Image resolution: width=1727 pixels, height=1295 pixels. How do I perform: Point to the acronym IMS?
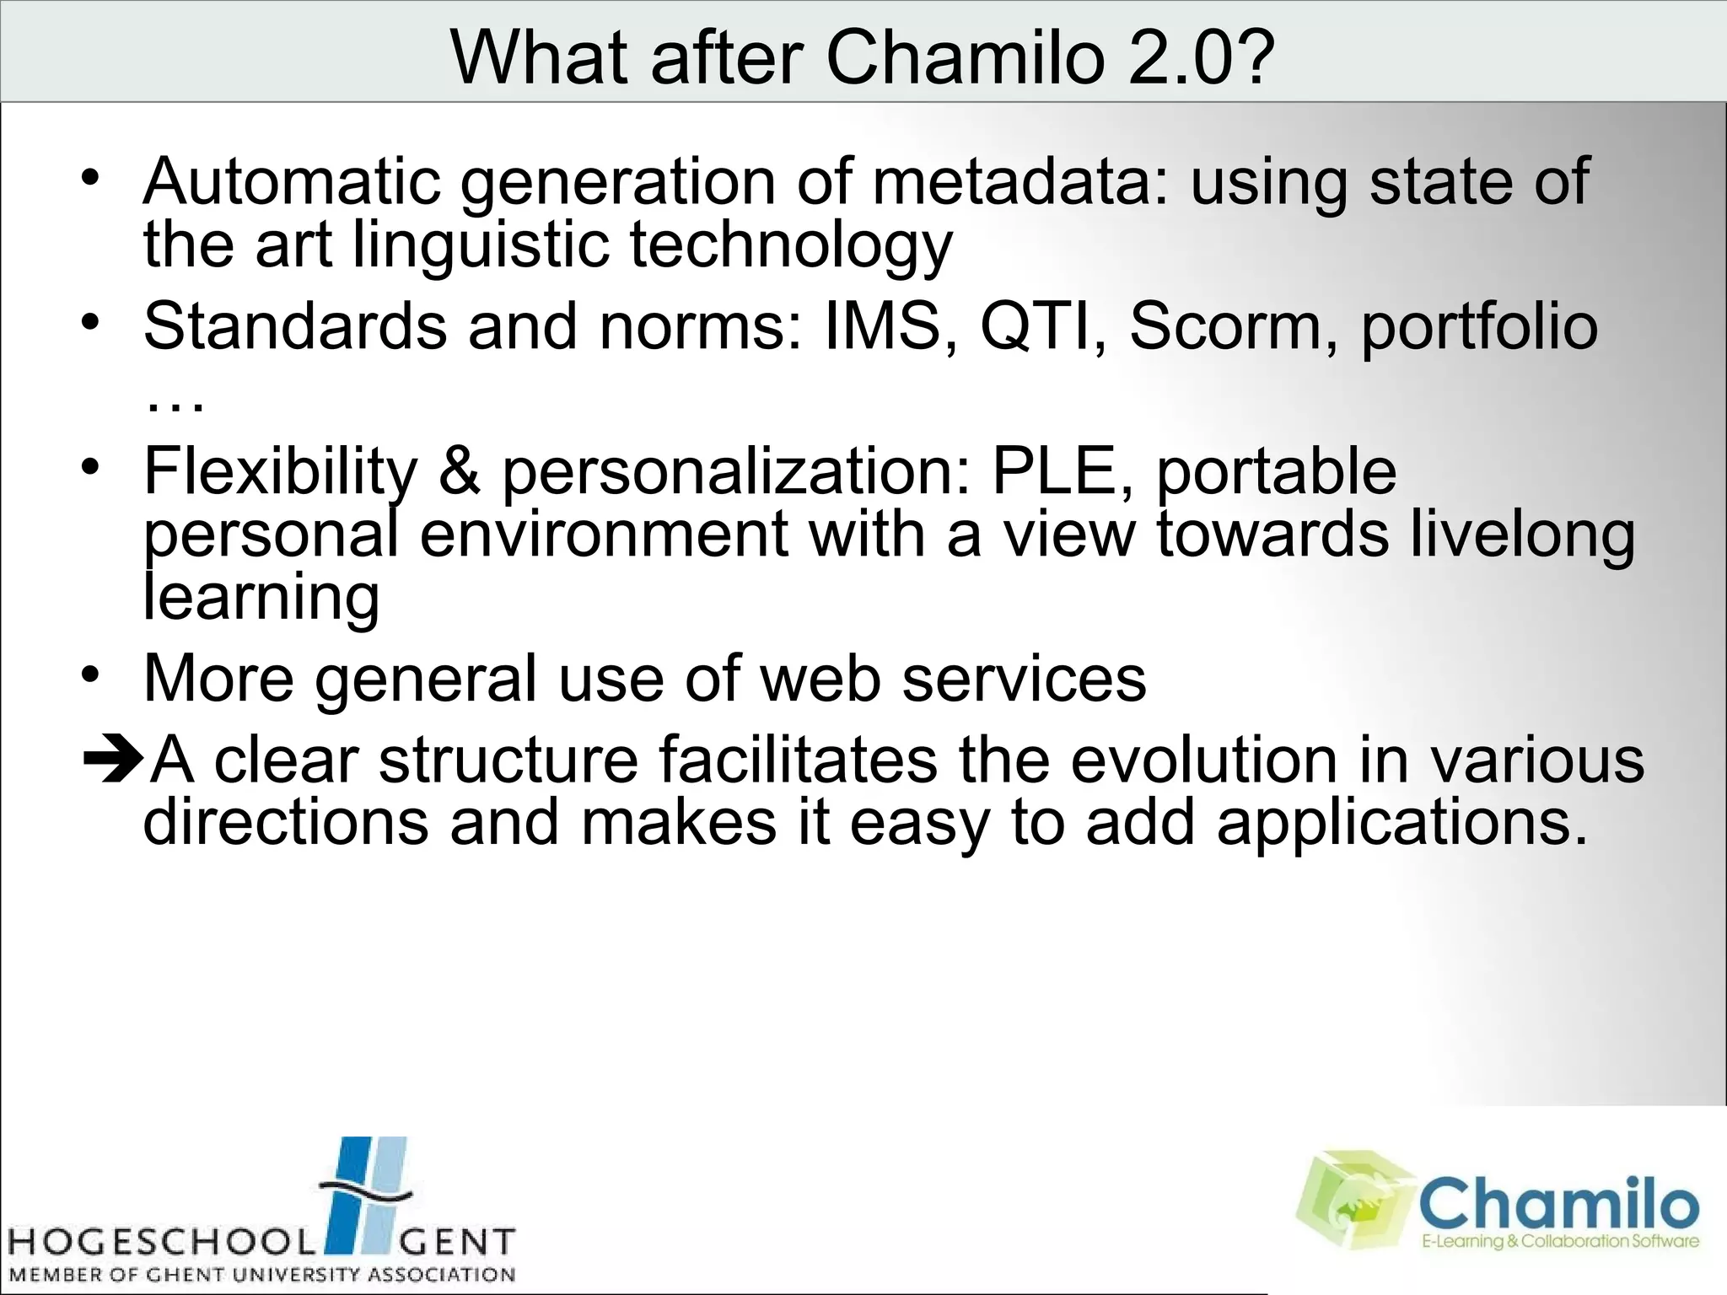882,326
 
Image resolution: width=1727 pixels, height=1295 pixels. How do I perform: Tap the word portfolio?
1479,328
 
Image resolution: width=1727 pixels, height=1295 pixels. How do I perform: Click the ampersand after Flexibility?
460,471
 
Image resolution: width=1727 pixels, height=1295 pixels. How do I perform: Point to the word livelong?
1523,536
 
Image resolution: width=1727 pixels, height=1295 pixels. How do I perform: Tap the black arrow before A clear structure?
113,759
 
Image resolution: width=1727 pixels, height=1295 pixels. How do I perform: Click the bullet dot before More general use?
90,674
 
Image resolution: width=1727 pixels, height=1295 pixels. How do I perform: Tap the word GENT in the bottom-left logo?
455,1243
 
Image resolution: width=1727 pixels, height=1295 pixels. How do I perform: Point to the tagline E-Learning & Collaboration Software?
1559,1241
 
